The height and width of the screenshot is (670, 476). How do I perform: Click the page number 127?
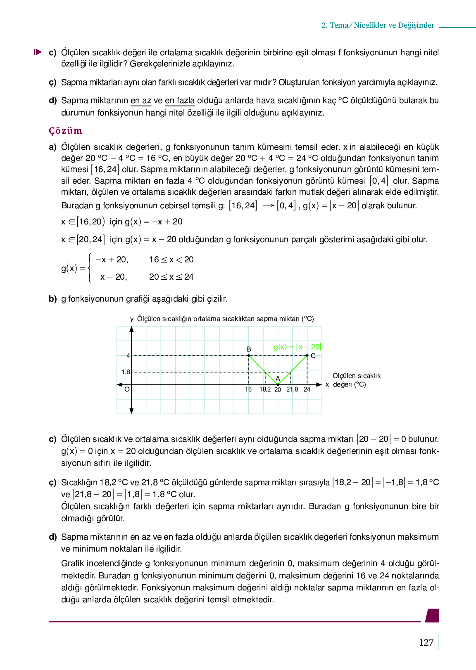pos(426,642)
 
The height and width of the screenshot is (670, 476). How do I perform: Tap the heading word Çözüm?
pos(65,131)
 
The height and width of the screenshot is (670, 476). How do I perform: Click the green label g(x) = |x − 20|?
pos(297,347)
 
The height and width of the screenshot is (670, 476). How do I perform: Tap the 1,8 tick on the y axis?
pos(126,372)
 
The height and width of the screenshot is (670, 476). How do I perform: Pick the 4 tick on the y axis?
pos(128,355)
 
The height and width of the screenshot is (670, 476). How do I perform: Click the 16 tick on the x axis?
pos(248,389)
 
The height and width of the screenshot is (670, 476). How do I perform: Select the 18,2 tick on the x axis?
pos(265,389)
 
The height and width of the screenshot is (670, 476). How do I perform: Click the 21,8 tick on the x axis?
pos(292,389)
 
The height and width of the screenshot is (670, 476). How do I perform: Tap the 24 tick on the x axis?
pos(307,389)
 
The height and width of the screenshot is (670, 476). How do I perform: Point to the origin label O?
pos(127,389)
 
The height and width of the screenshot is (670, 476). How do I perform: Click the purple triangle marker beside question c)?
pos(38,52)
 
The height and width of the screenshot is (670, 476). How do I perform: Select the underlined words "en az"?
pos(141,101)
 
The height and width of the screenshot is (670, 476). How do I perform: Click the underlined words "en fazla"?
pos(180,101)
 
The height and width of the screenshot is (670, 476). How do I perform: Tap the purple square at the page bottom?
pos(433,615)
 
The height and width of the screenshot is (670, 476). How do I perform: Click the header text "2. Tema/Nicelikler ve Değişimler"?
pos(378,25)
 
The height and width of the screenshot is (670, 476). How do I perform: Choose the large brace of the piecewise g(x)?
pos(90,268)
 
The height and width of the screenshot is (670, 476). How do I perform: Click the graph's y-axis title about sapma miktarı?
pos(225,319)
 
